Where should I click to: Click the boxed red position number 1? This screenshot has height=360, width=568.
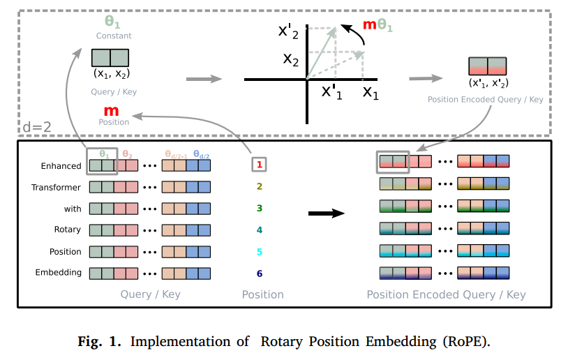(260, 165)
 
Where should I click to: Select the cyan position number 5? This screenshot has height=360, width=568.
(260, 252)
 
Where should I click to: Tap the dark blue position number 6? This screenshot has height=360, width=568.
(260, 273)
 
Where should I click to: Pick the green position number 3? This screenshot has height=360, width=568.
(260, 208)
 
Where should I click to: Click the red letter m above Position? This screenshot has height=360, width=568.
(111, 111)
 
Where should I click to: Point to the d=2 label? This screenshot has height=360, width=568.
(37, 127)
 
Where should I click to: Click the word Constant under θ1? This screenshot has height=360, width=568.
(114, 36)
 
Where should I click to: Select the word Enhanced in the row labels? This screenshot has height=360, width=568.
(61, 166)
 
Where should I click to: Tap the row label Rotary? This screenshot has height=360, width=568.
(68, 230)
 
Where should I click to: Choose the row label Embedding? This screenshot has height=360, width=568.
(59, 272)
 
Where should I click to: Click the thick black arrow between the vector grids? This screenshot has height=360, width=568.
(327, 213)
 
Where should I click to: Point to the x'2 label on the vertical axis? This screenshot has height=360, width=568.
(288, 32)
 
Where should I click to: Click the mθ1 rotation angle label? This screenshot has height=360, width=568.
(378, 25)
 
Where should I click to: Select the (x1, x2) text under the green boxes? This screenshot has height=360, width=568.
(112, 73)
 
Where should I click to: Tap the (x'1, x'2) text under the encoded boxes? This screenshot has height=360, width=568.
(488, 83)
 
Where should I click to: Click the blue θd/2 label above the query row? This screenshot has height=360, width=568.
(202, 155)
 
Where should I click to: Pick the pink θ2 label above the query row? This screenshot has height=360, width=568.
(127, 155)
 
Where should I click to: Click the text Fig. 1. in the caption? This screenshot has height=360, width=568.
(99, 342)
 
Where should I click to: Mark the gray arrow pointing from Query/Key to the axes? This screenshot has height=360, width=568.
(204, 79)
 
